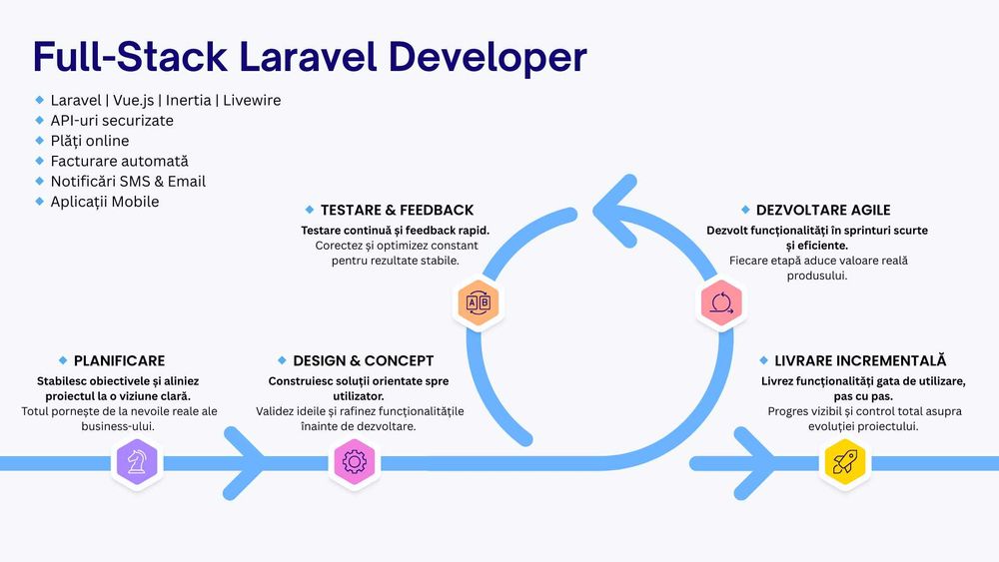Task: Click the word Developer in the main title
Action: pyautogui.click(x=488, y=57)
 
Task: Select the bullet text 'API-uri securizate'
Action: pyautogui.click(x=112, y=121)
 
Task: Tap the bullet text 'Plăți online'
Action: pyautogui.click(x=90, y=141)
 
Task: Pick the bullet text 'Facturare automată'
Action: pyautogui.click(x=119, y=161)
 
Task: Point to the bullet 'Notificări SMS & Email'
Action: pyautogui.click(x=128, y=182)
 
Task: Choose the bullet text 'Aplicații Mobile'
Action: pyautogui.click(x=105, y=202)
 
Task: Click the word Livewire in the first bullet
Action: pyautogui.click(x=252, y=101)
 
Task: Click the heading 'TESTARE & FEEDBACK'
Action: pyautogui.click(x=397, y=211)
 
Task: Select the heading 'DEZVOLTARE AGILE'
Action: pyautogui.click(x=823, y=211)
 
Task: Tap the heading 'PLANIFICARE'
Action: pyautogui.click(x=119, y=360)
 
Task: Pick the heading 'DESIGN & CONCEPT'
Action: pyautogui.click(x=363, y=360)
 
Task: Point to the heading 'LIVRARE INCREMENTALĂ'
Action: pyautogui.click(x=860, y=360)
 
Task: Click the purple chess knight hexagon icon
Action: pyautogui.click(x=137, y=462)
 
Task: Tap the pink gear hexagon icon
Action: pyautogui.click(x=355, y=462)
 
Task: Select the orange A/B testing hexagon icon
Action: pyautogui.click(x=479, y=302)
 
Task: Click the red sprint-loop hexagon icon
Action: pyautogui.click(x=721, y=302)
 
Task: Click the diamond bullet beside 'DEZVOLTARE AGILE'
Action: pyautogui.click(x=745, y=210)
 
